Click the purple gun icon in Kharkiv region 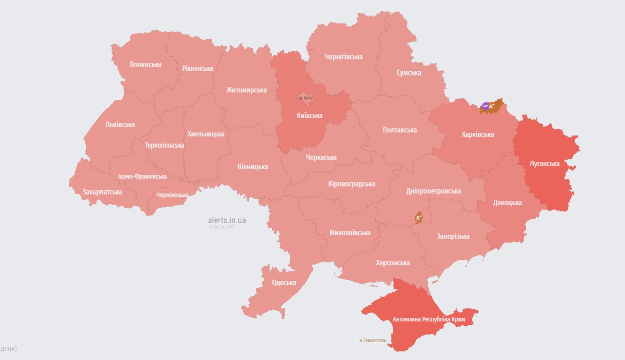(x=485, y=105)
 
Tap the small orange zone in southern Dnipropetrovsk (x=418, y=217)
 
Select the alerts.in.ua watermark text (x=227, y=220)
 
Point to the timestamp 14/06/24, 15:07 (x=222, y=227)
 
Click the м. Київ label (x=305, y=98)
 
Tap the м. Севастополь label (x=372, y=340)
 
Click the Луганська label (x=544, y=164)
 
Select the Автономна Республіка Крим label (x=429, y=319)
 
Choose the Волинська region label (x=146, y=64)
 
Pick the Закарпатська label (x=102, y=192)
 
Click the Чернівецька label (x=172, y=195)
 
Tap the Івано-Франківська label (x=142, y=177)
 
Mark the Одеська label (x=284, y=283)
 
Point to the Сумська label (x=409, y=73)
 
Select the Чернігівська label (x=343, y=57)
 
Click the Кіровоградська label (x=351, y=184)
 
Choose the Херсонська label (x=393, y=262)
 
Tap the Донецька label (x=507, y=203)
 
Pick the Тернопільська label (x=164, y=145)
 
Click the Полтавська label (x=400, y=130)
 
